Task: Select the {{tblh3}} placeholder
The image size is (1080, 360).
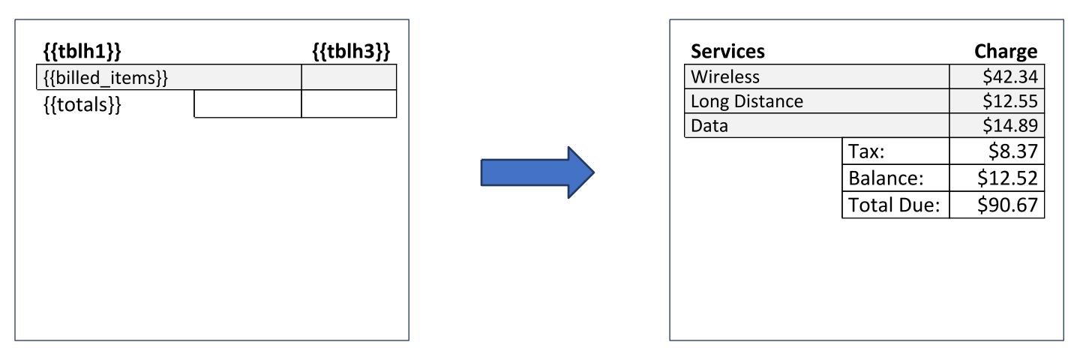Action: point(351,52)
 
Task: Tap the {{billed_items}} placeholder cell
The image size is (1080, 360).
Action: point(105,77)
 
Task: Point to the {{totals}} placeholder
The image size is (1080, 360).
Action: point(82,104)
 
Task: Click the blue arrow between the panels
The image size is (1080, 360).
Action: point(537,172)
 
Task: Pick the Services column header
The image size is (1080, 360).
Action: point(727,52)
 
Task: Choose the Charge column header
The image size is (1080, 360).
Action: point(1006,52)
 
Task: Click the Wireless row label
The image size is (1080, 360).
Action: point(725,77)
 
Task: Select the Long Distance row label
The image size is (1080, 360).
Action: point(747,102)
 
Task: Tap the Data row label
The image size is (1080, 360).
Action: point(709,126)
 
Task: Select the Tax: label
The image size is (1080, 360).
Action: point(867,152)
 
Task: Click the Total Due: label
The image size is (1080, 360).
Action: point(894,204)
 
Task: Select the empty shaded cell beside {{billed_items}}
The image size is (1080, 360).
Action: point(349,77)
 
